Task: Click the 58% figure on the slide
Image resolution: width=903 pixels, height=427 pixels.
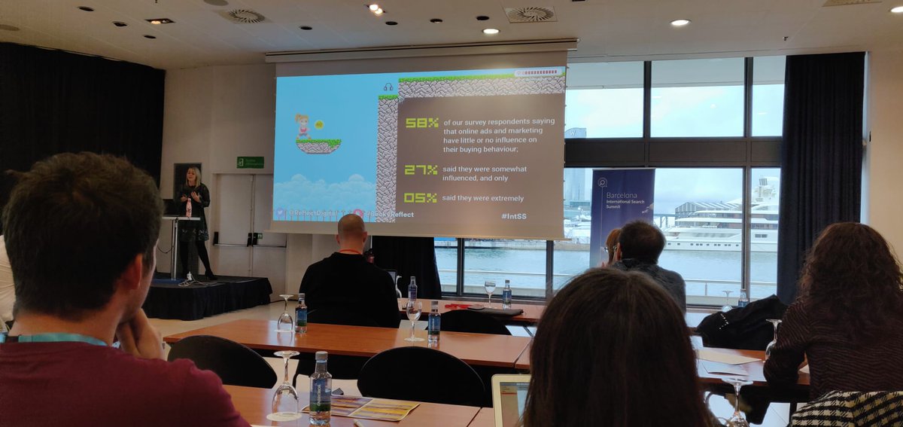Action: pyautogui.click(x=421, y=123)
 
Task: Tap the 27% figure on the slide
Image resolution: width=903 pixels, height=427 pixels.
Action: pyautogui.click(x=421, y=170)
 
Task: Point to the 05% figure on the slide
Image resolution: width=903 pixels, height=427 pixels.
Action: pyautogui.click(x=420, y=198)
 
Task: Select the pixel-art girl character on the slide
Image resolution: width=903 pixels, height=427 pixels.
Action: pyautogui.click(x=303, y=126)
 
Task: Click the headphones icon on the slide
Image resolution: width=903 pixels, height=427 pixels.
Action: pyautogui.click(x=388, y=87)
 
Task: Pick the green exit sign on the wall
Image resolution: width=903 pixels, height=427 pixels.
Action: pyautogui.click(x=250, y=162)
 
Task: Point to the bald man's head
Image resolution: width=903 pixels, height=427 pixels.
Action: pyautogui.click(x=352, y=228)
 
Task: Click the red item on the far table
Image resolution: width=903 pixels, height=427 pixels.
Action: pyautogui.click(x=456, y=306)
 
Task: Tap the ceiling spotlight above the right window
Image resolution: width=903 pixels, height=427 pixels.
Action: pyautogui.click(x=680, y=23)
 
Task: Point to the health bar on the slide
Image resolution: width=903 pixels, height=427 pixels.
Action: pyautogui.click(x=539, y=72)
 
